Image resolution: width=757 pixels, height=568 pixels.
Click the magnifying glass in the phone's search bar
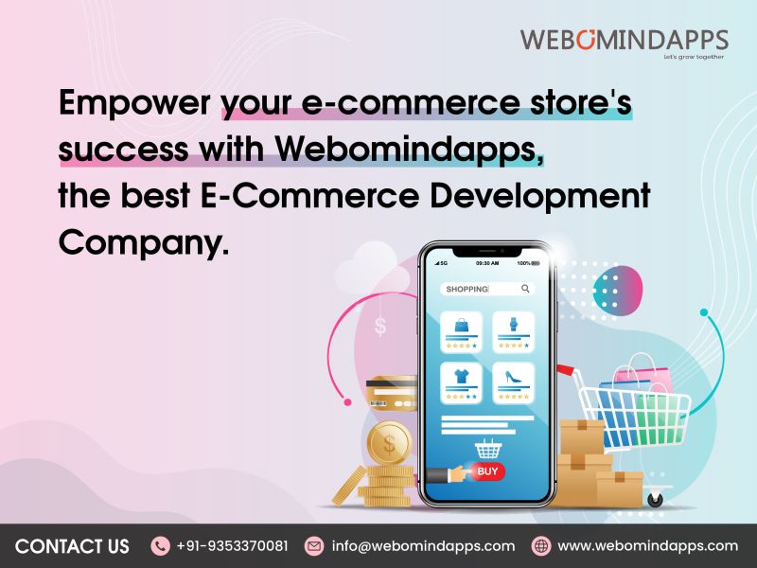[x=525, y=289]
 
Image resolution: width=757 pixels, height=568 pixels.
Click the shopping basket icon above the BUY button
[x=487, y=447]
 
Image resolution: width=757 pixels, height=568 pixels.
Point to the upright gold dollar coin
[x=389, y=441]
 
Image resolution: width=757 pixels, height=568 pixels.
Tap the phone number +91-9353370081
[x=232, y=546]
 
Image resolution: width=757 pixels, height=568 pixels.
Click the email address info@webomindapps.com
[x=423, y=546]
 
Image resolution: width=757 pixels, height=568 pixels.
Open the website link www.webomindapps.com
[x=647, y=546]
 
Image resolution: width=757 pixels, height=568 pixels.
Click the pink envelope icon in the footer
[x=314, y=546]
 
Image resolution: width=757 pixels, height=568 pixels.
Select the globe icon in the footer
[x=541, y=546]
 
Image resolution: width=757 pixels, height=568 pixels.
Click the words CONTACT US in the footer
[x=72, y=546]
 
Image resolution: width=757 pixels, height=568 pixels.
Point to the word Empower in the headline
[x=134, y=103]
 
